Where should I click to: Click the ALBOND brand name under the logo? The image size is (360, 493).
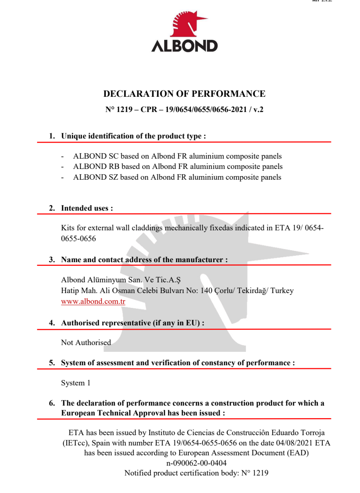pyautogui.click(x=184, y=46)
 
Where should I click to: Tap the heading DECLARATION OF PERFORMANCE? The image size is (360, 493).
pyautogui.click(x=184, y=94)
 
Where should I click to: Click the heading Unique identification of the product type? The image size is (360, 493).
pyautogui.click(x=133, y=136)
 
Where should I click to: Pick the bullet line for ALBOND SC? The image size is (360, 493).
pyautogui.click(x=177, y=156)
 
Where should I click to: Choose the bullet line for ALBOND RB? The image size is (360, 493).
pyautogui.click(x=178, y=167)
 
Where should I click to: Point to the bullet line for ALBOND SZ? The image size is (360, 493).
pyautogui.click(x=177, y=177)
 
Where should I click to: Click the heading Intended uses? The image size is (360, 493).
pyautogui.click(x=87, y=208)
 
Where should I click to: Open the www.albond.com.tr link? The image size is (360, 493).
pyautogui.click(x=93, y=302)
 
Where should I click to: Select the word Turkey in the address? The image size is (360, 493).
pyautogui.click(x=282, y=290)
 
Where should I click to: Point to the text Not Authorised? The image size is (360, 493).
pyautogui.click(x=86, y=342)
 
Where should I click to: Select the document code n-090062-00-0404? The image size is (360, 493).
pyautogui.click(x=197, y=463)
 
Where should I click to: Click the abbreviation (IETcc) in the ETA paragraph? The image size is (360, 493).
pyautogui.click(x=74, y=443)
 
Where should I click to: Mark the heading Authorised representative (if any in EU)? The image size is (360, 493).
pyautogui.click(x=133, y=323)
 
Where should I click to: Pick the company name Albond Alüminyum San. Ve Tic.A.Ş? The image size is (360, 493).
pyautogui.click(x=120, y=281)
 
